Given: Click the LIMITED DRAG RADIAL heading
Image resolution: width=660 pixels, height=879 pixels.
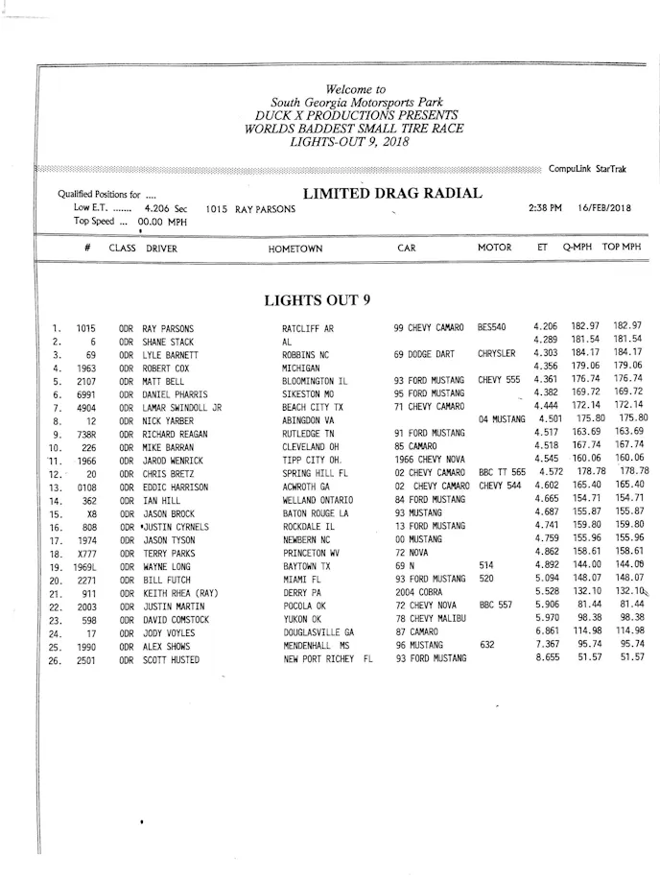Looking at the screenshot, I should tap(392, 194).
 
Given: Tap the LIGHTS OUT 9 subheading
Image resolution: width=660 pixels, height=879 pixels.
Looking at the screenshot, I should tap(317, 300).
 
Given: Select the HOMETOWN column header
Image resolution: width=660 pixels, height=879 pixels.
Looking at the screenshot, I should tap(295, 249).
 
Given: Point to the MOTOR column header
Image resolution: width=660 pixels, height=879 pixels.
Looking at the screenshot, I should tap(495, 248).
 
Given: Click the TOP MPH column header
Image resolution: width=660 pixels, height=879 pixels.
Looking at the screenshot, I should tap(621, 248).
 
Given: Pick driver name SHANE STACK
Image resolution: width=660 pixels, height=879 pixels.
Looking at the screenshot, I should tap(168, 341).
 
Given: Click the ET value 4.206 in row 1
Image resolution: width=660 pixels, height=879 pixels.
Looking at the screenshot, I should tap(545, 327).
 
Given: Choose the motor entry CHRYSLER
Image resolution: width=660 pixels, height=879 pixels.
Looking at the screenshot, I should tap(496, 354).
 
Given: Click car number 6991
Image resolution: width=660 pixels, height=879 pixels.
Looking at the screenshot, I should tap(86, 393).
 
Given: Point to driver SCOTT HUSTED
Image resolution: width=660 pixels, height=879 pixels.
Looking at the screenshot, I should tap(171, 660).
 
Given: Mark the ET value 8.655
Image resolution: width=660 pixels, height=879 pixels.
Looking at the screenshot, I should tap(547, 658).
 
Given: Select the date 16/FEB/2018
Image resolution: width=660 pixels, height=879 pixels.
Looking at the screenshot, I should tap(604, 208).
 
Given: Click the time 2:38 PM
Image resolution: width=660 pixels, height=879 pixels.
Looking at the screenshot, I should tap(545, 208).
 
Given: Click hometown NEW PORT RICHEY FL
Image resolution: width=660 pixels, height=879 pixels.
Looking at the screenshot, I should tap(326, 660).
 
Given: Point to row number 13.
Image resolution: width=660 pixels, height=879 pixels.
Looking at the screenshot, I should tap(57, 487).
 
